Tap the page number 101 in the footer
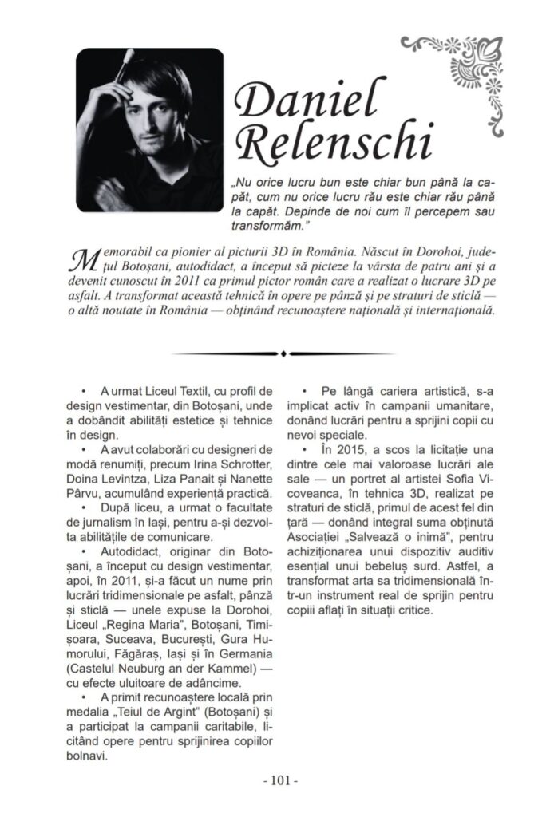(x=272, y=778)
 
